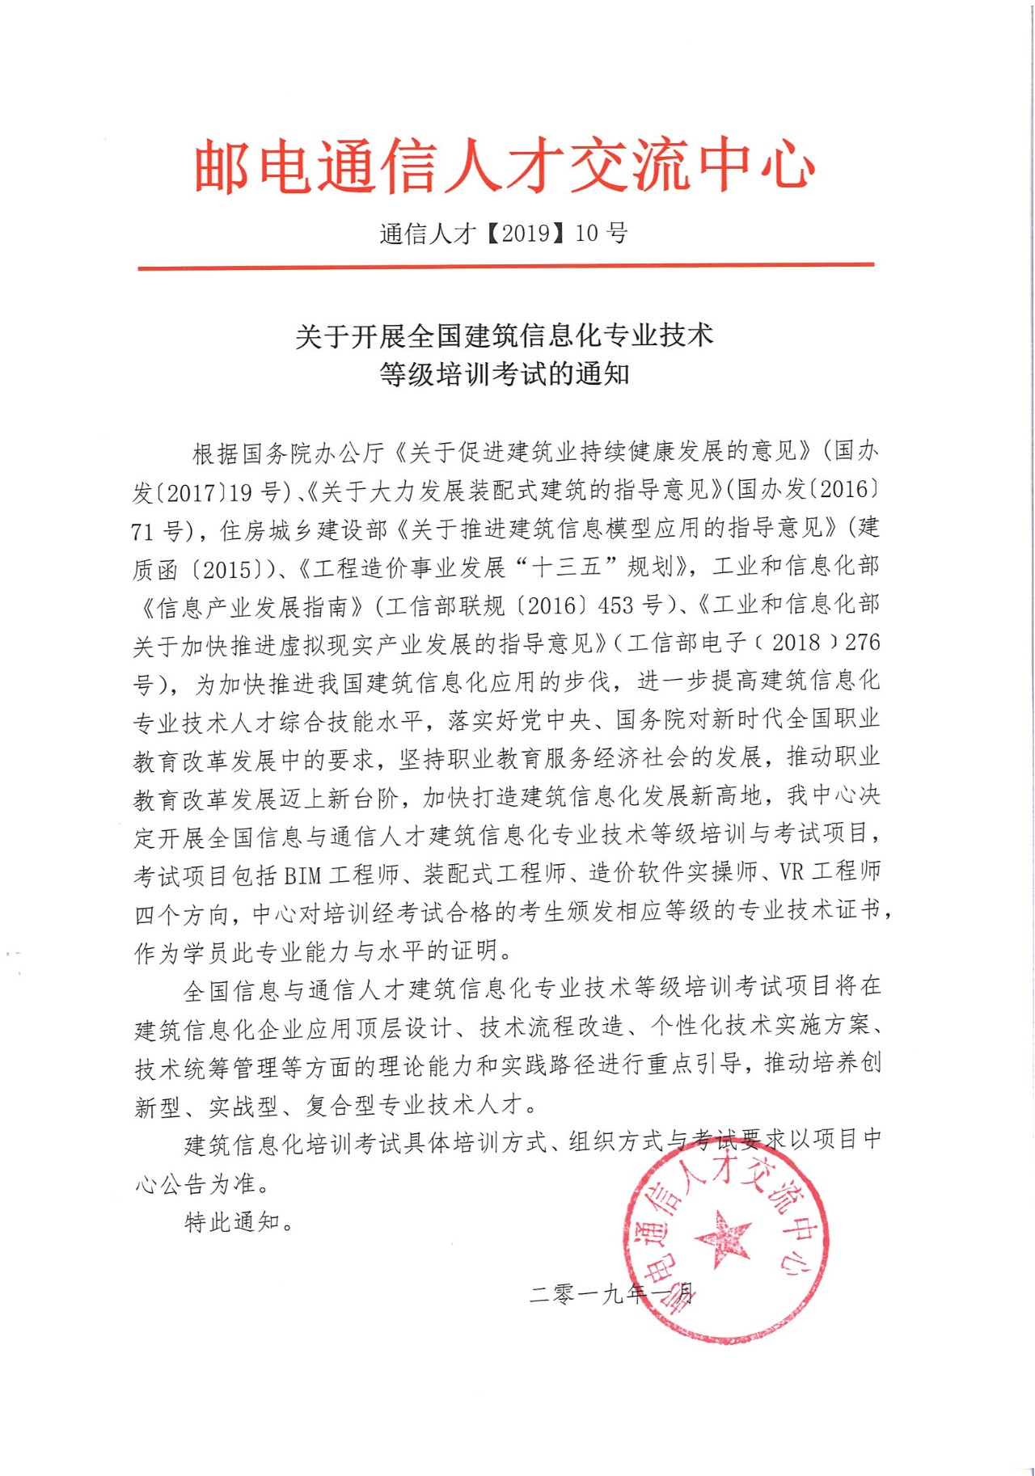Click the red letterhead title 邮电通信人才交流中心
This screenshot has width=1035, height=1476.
(505, 167)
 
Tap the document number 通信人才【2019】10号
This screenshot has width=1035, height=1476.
(504, 234)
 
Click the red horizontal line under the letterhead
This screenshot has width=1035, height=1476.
(505, 265)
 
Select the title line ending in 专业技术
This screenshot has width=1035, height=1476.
(504, 335)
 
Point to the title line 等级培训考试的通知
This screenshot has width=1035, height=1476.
(504, 374)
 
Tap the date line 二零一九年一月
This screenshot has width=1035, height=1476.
(610, 1293)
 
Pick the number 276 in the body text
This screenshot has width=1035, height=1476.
(862, 643)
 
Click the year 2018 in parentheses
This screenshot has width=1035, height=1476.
(796, 643)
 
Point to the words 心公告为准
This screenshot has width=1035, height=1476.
(201, 1184)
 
